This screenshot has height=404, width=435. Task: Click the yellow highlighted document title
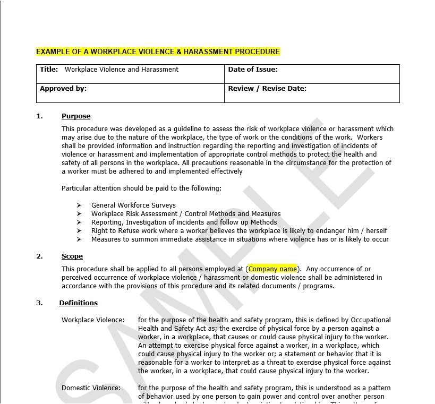click(158, 51)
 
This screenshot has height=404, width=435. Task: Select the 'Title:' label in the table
click(49, 70)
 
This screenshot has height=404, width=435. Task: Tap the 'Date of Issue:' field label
click(253, 70)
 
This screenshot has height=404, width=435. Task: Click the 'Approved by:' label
click(63, 89)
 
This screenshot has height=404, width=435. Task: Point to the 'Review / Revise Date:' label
click(267, 89)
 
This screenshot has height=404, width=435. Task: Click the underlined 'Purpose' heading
click(76, 116)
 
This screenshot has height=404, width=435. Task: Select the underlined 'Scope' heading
click(72, 256)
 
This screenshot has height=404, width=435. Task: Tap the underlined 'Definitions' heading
click(79, 303)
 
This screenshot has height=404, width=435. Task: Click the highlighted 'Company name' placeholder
click(272, 269)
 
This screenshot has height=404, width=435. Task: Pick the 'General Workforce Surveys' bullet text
click(133, 205)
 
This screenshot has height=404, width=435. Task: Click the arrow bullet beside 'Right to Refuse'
click(79, 231)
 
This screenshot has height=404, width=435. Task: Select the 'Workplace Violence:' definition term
click(93, 320)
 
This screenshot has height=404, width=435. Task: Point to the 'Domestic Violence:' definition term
click(91, 388)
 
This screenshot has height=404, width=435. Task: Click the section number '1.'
click(39, 116)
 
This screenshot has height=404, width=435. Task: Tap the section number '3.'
click(39, 303)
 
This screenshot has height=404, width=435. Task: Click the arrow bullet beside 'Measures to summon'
click(79, 239)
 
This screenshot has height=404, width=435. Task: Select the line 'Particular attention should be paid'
click(141, 188)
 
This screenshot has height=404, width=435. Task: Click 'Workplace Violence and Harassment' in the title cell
click(122, 70)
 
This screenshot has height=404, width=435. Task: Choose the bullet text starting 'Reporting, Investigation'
click(184, 222)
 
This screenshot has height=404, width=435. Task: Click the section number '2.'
click(39, 256)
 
